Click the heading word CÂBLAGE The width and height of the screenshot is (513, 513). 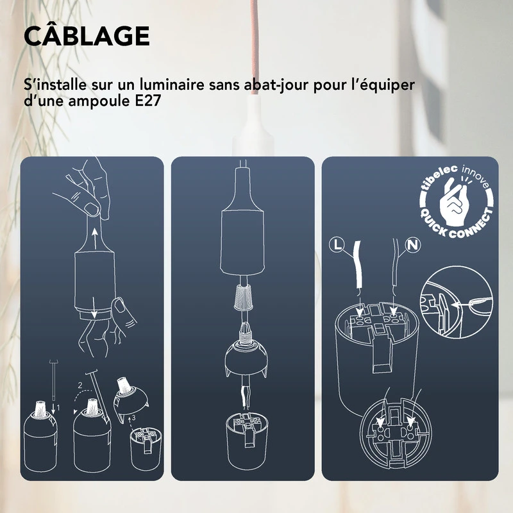coord(87,37)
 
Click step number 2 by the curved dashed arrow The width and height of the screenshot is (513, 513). coord(80,385)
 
